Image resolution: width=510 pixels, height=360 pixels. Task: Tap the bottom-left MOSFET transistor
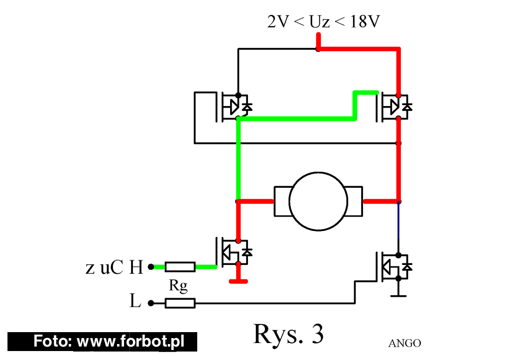[234, 252]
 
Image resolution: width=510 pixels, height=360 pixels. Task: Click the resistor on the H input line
[180, 267]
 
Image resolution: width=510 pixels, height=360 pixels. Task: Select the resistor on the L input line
[180, 303]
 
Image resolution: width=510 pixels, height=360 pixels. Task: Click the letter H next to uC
[136, 267]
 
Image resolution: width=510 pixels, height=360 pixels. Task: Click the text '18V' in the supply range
[365, 21]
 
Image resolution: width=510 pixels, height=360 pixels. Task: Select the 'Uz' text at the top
[319, 22]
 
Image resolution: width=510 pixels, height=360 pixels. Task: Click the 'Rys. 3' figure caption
[288, 334]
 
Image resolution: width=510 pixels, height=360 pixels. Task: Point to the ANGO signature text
[404, 343]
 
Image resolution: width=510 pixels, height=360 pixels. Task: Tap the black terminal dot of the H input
[151, 267]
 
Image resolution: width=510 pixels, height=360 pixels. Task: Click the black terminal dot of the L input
[151, 303]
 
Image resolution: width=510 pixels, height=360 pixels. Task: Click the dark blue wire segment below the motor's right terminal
[398, 221]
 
